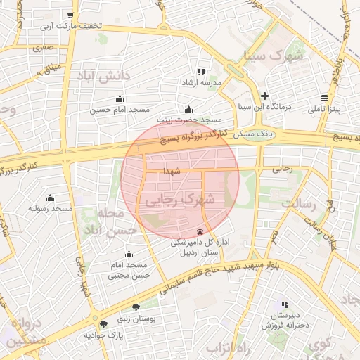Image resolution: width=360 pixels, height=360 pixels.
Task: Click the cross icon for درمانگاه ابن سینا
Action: click(264, 96)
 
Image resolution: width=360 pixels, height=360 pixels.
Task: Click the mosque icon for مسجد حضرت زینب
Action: click(188, 109)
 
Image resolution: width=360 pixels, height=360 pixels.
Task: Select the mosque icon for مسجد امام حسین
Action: click(119, 98)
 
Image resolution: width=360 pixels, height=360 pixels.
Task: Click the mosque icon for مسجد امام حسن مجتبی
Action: click(129, 254)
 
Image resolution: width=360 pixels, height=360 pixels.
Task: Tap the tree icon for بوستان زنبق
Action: click(136, 307)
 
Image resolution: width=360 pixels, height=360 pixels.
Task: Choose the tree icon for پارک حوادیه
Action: click(104, 324)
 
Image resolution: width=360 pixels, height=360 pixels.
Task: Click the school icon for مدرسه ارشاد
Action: click(201, 72)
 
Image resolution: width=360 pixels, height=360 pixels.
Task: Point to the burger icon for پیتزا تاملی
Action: click(323, 98)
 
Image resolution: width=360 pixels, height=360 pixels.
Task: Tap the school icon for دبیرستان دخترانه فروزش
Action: click(285, 304)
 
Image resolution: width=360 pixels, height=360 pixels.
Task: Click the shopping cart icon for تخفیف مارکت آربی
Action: click(70, 15)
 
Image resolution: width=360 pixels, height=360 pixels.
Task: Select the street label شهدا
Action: click(172, 171)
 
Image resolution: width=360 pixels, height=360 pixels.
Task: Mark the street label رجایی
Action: click(283, 169)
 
